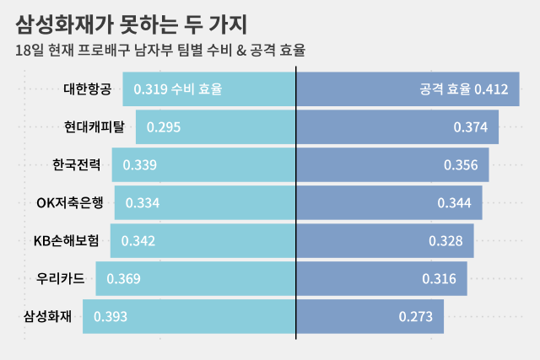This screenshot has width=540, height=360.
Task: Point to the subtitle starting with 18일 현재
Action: pyautogui.click(x=160, y=51)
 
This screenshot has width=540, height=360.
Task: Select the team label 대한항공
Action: pyautogui.click(x=87, y=89)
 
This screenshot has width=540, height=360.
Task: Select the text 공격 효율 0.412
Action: pyautogui.click(x=463, y=89)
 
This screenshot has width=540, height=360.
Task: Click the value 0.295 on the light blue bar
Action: pyautogui.click(x=164, y=127)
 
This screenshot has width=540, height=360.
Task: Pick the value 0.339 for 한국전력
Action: pyautogui.click(x=139, y=164)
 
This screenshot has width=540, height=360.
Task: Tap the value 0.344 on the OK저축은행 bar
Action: pyautogui.click(x=455, y=202)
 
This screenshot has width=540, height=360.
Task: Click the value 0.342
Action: pyautogui.click(x=138, y=240)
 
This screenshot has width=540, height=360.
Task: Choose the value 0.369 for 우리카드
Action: pyautogui.click(x=123, y=278)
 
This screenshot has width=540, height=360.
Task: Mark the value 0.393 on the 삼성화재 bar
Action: pyautogui.click(x=111, y=317)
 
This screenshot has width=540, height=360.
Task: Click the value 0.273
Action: pyautogui.click(x=416, y=317)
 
